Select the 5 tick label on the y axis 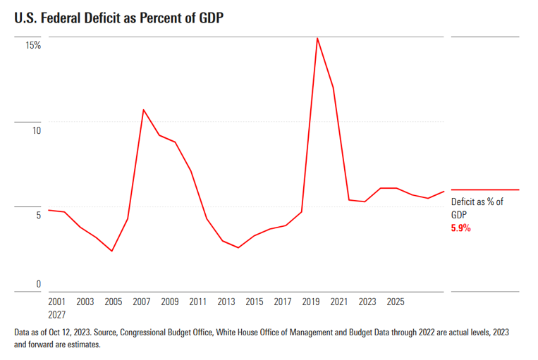tap(38, 215)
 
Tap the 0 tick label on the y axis tap(39, 285)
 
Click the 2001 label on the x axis tap(57, 302)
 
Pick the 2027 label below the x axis tap(57, 314)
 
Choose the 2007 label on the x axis tap(142, 302)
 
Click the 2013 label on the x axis tap(226, 302)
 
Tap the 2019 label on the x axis tap(311, 302)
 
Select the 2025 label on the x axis tap(396, 302)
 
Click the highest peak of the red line tap(317, 38)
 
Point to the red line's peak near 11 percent tap(143, 110)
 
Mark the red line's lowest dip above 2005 tap(112, 251)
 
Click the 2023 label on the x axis tap(367, 302)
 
